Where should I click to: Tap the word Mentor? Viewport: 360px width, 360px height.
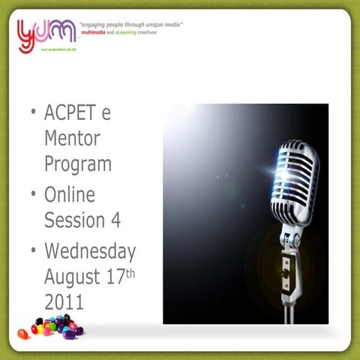pyautogui.click(x=72, y=139)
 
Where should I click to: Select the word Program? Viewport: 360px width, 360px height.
pyautogui.click(x=78, y=163)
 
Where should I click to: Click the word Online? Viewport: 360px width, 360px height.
pyautogui.click(x=70, y=195)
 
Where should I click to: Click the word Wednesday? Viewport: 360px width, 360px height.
pyautogui.click(x=90, y=252)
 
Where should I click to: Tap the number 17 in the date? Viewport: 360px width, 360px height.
pyautogui.click(x=115, y=277)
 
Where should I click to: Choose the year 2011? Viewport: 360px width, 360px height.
pyautogui.click(x=64, y=301)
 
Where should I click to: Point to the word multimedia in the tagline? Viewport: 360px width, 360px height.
pyautogui.click(x=95, y=34)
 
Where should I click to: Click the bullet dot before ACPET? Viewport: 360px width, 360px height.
pyautogui.click(x=33, y=113)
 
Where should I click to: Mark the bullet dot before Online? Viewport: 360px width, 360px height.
pyautogui.click(x=33, y=194)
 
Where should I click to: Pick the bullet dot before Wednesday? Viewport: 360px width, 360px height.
pyautogui.click(x=33, y=250)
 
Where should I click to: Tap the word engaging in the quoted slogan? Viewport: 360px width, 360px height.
pyautogui.click(x=97, y=25)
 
